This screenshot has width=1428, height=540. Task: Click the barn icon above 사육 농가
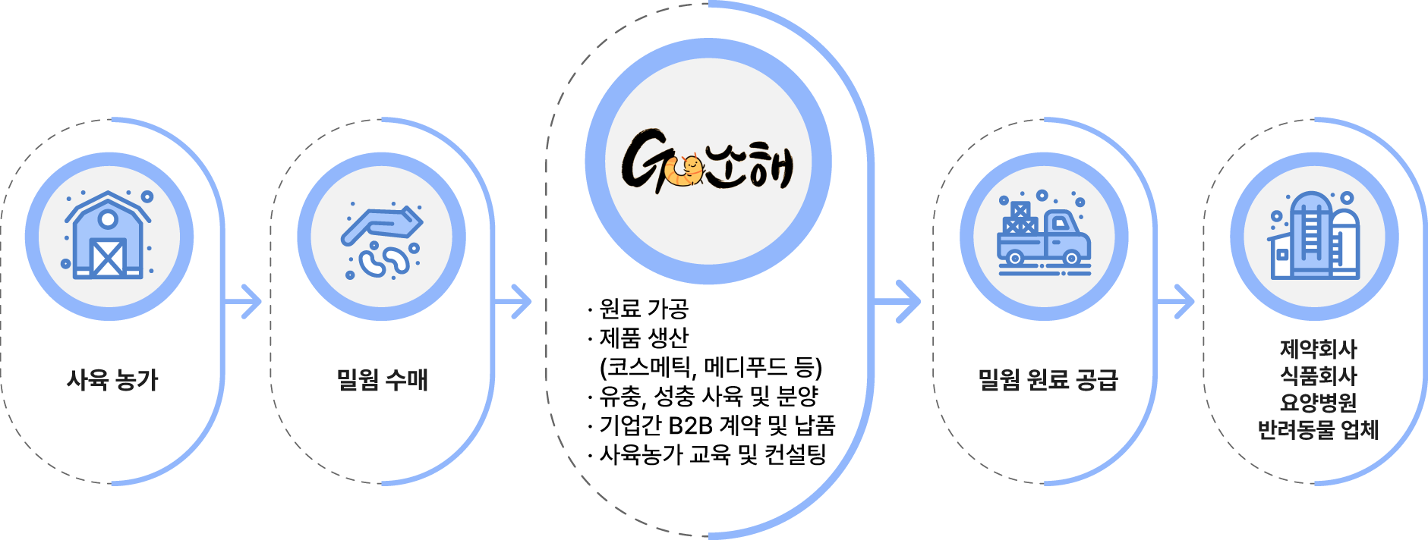pyautogui.click(x=108, y=236)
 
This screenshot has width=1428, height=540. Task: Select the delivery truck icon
pyautogui.click(x=1044, y=236)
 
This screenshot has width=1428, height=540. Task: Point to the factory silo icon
pyautogui.click(x=1314, y=236)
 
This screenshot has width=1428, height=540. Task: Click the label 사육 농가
pyautogui.click(x=112, y=379)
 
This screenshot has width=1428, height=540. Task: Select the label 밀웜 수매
pyautogui.click(x=383, y=379)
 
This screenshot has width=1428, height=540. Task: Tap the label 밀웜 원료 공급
pyautogui.click(x=1048, y=379)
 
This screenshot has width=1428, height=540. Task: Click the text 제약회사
pyautogui.click(x=1318, y=349)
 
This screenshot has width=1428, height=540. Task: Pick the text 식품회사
pyautogui.click(x=1318, y=375)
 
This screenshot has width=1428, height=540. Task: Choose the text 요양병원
pyautogui.click(x=1318, y=402)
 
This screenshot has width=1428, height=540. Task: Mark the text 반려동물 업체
pyautogui.click(x=1318, y=429)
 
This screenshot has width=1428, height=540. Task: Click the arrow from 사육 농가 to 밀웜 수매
pyautogui.click(x=244, y=302)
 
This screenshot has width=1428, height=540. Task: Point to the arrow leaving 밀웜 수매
pyautogui.click(x=514, y=302)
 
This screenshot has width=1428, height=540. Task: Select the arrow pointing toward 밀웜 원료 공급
pyautogui.click(x=900, y=302)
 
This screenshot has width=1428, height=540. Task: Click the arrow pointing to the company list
pyautogui.click(x=1176, y=302)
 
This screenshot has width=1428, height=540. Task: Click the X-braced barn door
pyautogui.click(x=108, y=258)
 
